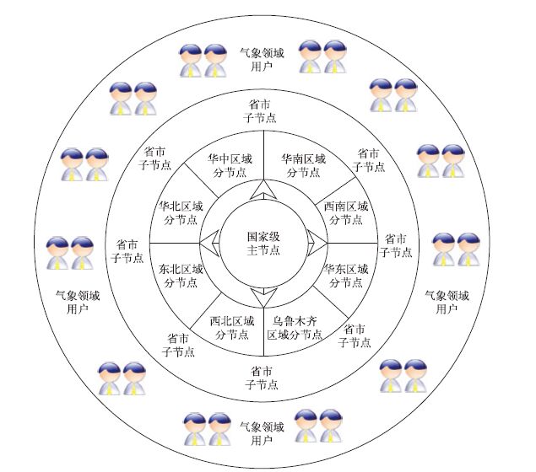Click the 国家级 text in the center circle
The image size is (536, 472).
[x=263, y=236]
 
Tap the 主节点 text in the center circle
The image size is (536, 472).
[x=263, y=249]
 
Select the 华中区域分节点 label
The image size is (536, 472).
[x=230, y=164]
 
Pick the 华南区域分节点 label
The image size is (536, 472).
[x=303, y=164]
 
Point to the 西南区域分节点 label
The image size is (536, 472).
[x=346, y=212]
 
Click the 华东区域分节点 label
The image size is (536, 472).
[x=346, y=276]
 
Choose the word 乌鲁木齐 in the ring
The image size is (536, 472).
[x=295, y=321]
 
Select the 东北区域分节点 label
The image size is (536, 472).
[x=181, y=276]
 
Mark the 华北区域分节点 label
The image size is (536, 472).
[x=181, y=212]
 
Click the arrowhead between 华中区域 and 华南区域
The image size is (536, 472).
[x=263, y=189]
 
